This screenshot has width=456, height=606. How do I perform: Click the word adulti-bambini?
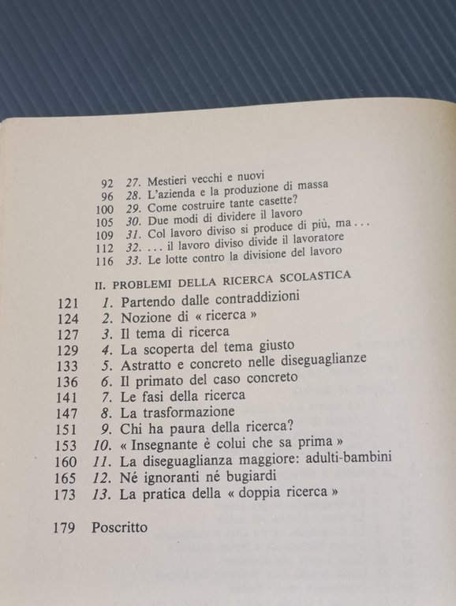[x=352, y=461]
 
